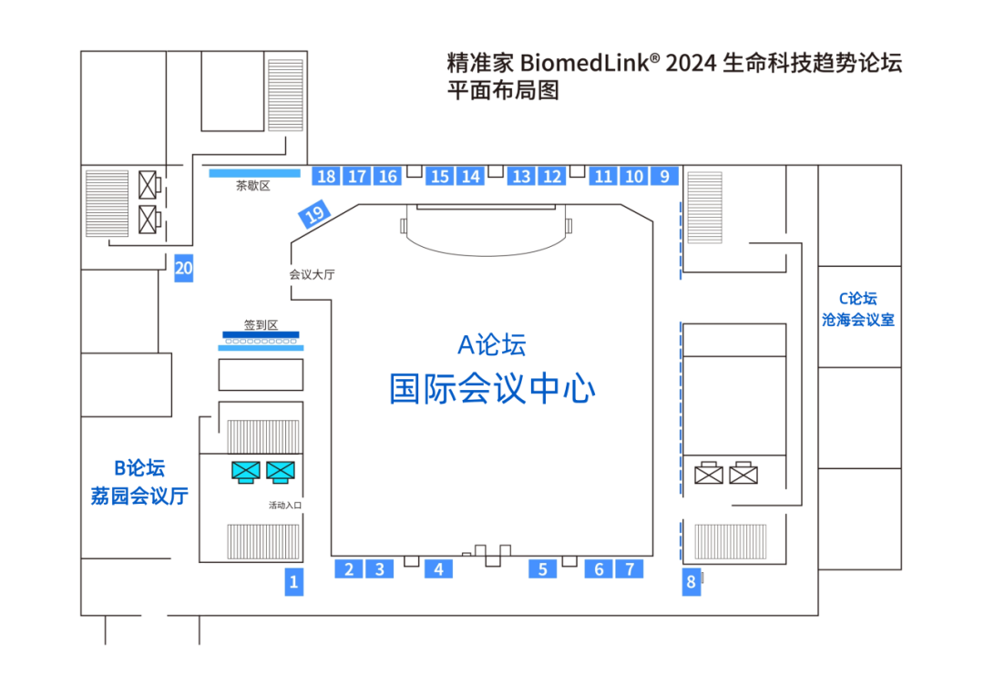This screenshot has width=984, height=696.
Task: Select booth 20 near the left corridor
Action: pyautogui.click(x=184, y=268)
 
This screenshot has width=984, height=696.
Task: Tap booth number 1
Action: pyautogui.click(x=293, y=581)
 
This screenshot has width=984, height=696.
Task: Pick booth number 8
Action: pyautogui.click(x=692, y=581)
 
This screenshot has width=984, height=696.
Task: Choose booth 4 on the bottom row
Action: pyautogui.click(x=438, y=569)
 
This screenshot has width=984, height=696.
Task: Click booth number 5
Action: pyautogui.click(x=542, y=569)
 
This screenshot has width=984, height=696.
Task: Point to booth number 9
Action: pyautogui.click(x=664, y=176)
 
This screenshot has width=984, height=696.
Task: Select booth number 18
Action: pyautogui.click(x=326, y=176)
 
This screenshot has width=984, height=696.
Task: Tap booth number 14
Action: pyautogui.click(x=470, y=176)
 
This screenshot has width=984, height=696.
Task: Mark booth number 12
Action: pyautogui.click(x=552, y=176)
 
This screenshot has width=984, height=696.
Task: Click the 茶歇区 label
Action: pyautogui.click(x=254, y=186)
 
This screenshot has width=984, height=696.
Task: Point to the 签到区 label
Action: pyautogui.click(x=260, y=324)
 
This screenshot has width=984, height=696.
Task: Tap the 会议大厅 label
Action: pyautogui.click(x=312, y=273)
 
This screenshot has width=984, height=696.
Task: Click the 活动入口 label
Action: pyautogui.click(x=285, y=505)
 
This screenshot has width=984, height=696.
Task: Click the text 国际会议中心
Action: pyautogui.click(x=492, y=389)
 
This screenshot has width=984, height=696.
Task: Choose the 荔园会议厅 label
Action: pyautogui.click(x=139, y=496)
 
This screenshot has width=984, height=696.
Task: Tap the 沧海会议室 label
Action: pyautogui.click(x=858, y=320)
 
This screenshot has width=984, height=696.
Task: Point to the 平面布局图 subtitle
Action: pyautogui.click(x=501, y=91)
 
